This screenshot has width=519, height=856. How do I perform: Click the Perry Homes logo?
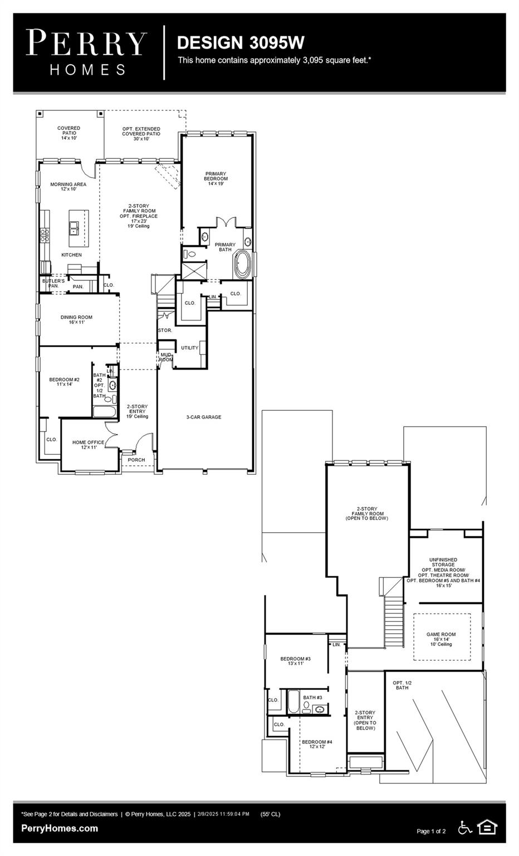[86, 53]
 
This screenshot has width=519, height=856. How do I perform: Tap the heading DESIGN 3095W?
[241, 42]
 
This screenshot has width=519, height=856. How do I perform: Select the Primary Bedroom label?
[216, 178]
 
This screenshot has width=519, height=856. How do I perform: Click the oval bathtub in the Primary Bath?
[243, 265]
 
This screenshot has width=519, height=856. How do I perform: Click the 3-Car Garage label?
[203, 417]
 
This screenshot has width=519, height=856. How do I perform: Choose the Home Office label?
[88, 445]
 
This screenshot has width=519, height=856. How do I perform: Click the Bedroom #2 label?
[65, 382]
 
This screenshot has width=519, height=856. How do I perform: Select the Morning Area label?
[68, 187]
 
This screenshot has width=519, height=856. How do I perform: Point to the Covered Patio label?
[68, 133]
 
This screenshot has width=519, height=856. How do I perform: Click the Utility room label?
[189, 348]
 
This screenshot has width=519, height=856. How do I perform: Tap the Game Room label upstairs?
[441, 639]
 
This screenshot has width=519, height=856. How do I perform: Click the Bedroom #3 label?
[295, 661]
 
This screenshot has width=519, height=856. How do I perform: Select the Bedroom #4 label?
[317, 744]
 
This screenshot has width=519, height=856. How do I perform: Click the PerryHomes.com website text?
[60, 828]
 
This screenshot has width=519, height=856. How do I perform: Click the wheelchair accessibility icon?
[464, 828]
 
